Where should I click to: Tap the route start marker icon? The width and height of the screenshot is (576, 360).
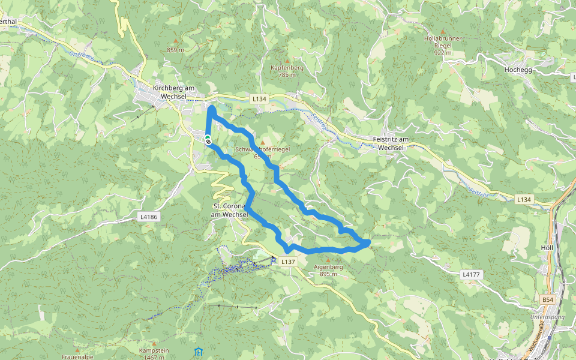click(208, 140)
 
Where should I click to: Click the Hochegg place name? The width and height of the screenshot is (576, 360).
click(520, 70)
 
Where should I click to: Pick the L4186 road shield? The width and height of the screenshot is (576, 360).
click(149, 217)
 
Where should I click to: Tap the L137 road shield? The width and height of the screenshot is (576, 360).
click(288, 262)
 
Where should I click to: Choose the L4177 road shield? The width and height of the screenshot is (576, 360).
click(471, 274)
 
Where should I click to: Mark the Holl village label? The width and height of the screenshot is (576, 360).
click(546, 247)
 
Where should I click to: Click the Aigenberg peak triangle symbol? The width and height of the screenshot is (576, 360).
click(328, 260)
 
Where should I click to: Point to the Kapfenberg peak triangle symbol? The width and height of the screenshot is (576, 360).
click(287, 61)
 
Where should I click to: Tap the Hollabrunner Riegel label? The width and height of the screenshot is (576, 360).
click(443, 42)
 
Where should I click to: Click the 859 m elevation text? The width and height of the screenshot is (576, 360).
click(175, 50)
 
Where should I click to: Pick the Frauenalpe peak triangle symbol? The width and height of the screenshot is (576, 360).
click(77, 349)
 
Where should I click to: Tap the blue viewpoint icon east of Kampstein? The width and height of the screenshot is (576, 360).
click(198, 351)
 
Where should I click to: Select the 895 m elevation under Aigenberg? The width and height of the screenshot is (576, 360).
click(328, 274)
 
